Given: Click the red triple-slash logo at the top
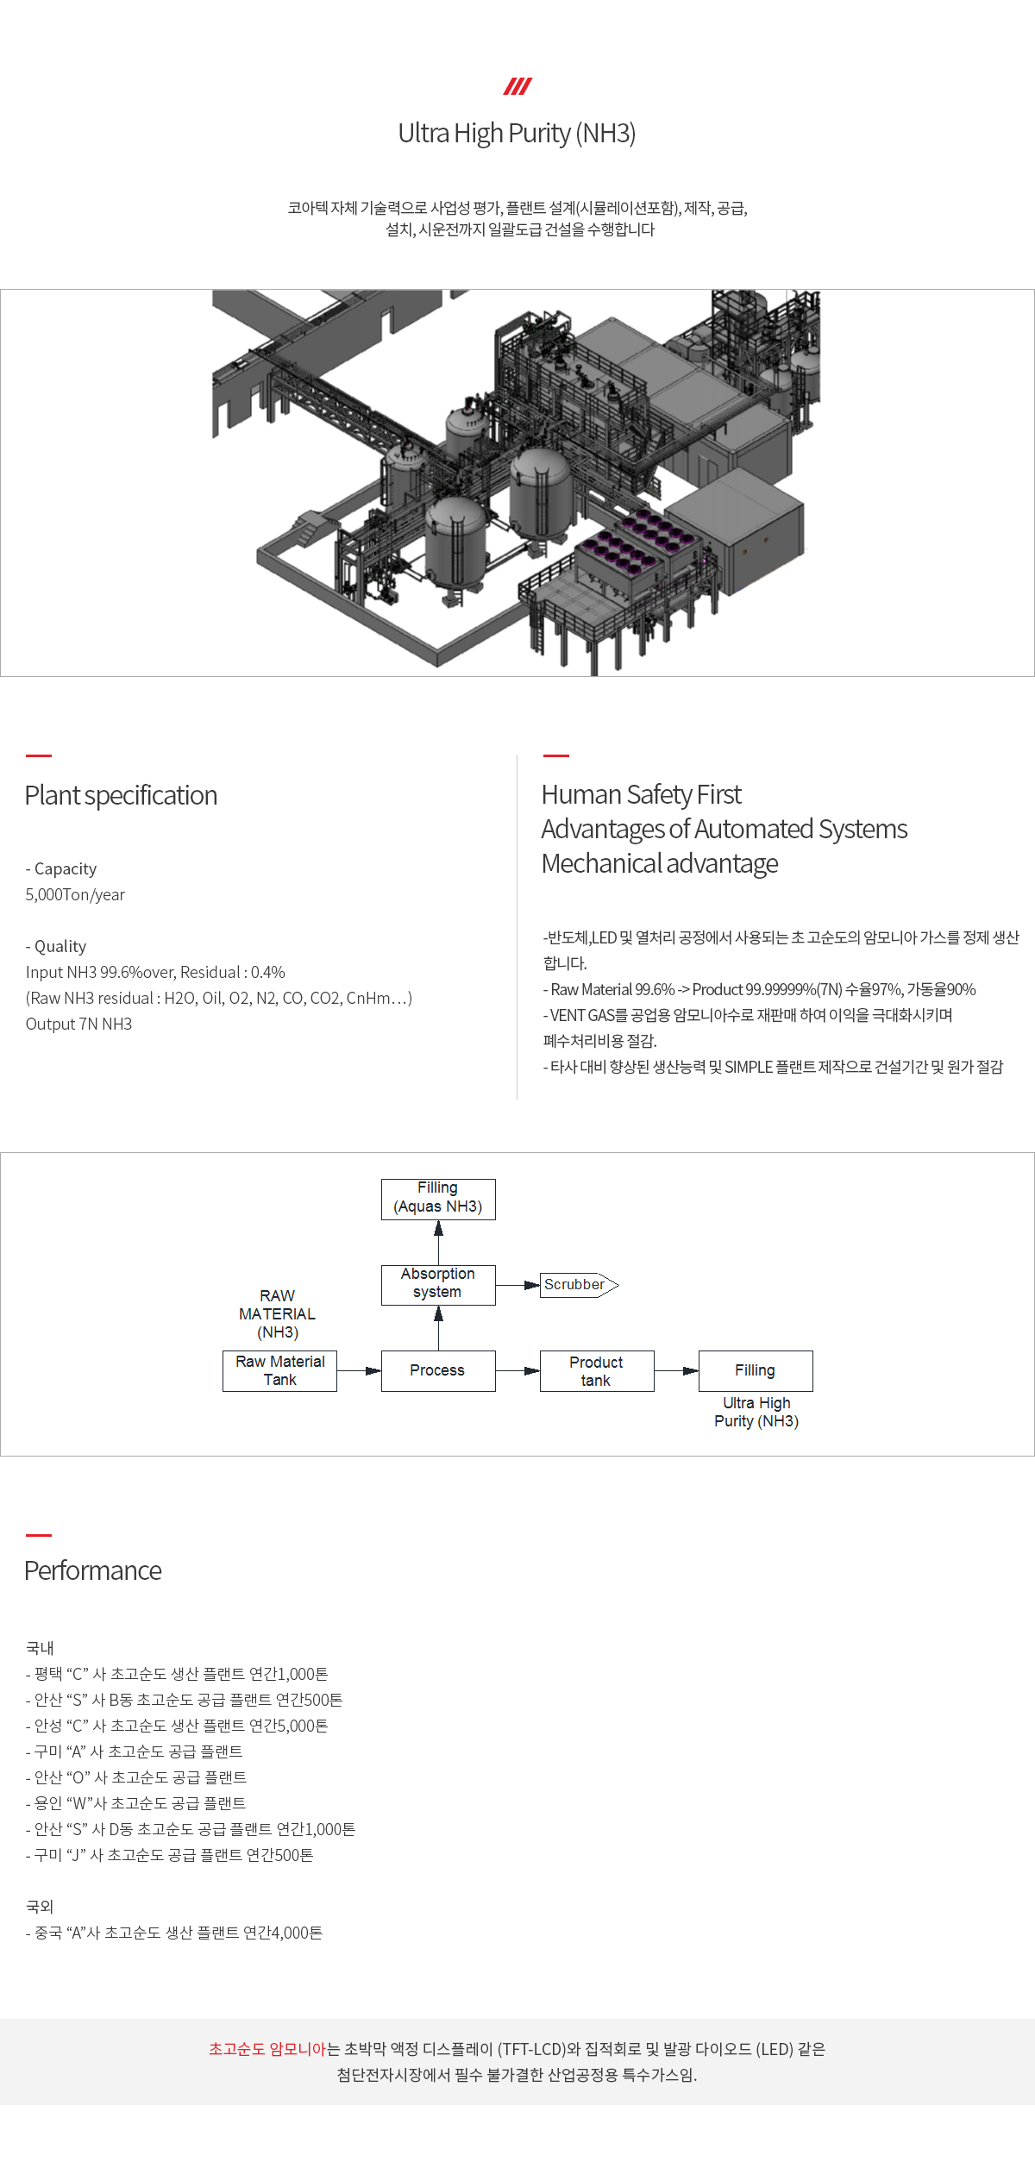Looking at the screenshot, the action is point(517,86).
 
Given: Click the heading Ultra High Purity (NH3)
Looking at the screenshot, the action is point(517,134).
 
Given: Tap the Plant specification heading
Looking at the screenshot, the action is point(121,795).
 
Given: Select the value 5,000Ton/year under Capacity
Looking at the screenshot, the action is point(75,894).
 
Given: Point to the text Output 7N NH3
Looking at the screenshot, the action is point(78,1024).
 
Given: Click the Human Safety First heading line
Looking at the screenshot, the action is point(641,794).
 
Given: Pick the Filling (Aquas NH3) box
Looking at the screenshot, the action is point(438,1199).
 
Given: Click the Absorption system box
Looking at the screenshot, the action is point(438,1284).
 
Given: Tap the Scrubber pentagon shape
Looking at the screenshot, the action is point(579,1285).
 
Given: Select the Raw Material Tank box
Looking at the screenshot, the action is point(279,1370).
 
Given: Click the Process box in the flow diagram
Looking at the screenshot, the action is point(438,1370).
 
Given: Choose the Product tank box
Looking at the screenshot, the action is point(597,1370).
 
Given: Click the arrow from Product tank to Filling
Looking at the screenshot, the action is point(677,1371).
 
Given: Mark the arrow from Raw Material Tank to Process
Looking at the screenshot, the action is point(360,1371).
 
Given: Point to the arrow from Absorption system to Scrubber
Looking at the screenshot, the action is point(518,1285).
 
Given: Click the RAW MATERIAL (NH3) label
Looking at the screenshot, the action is point(277,1313).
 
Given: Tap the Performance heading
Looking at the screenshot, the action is point(93,1570).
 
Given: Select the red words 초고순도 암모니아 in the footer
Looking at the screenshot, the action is point(267,2048).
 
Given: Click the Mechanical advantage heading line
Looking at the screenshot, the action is point(660,863).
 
